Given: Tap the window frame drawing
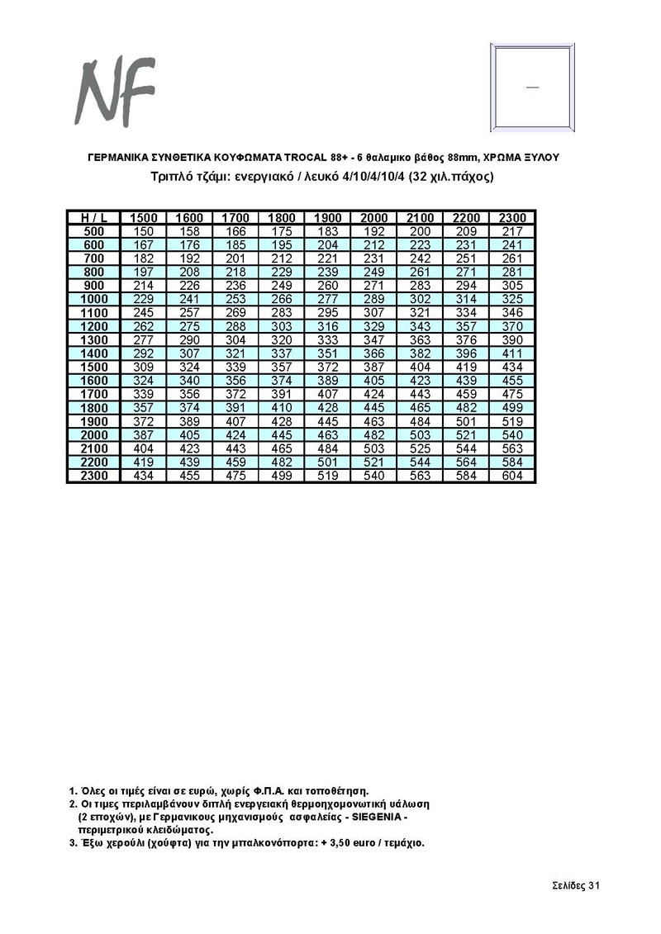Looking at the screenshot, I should [531, 86].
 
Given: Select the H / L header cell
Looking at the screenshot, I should [94, 217].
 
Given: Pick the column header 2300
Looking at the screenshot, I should [512, 217].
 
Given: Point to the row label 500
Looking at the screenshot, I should [94, 231].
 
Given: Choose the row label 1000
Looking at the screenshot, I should [94, 298].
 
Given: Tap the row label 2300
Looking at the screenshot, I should [94, 476].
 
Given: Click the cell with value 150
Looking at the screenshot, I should [144, 231].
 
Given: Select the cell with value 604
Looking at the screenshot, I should [512, 476].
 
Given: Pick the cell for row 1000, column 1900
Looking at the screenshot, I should [328, 298].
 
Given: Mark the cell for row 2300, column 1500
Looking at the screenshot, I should [144, 476].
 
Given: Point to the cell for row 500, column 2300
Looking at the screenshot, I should [512, 231].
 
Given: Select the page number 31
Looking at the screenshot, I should [593, 885].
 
